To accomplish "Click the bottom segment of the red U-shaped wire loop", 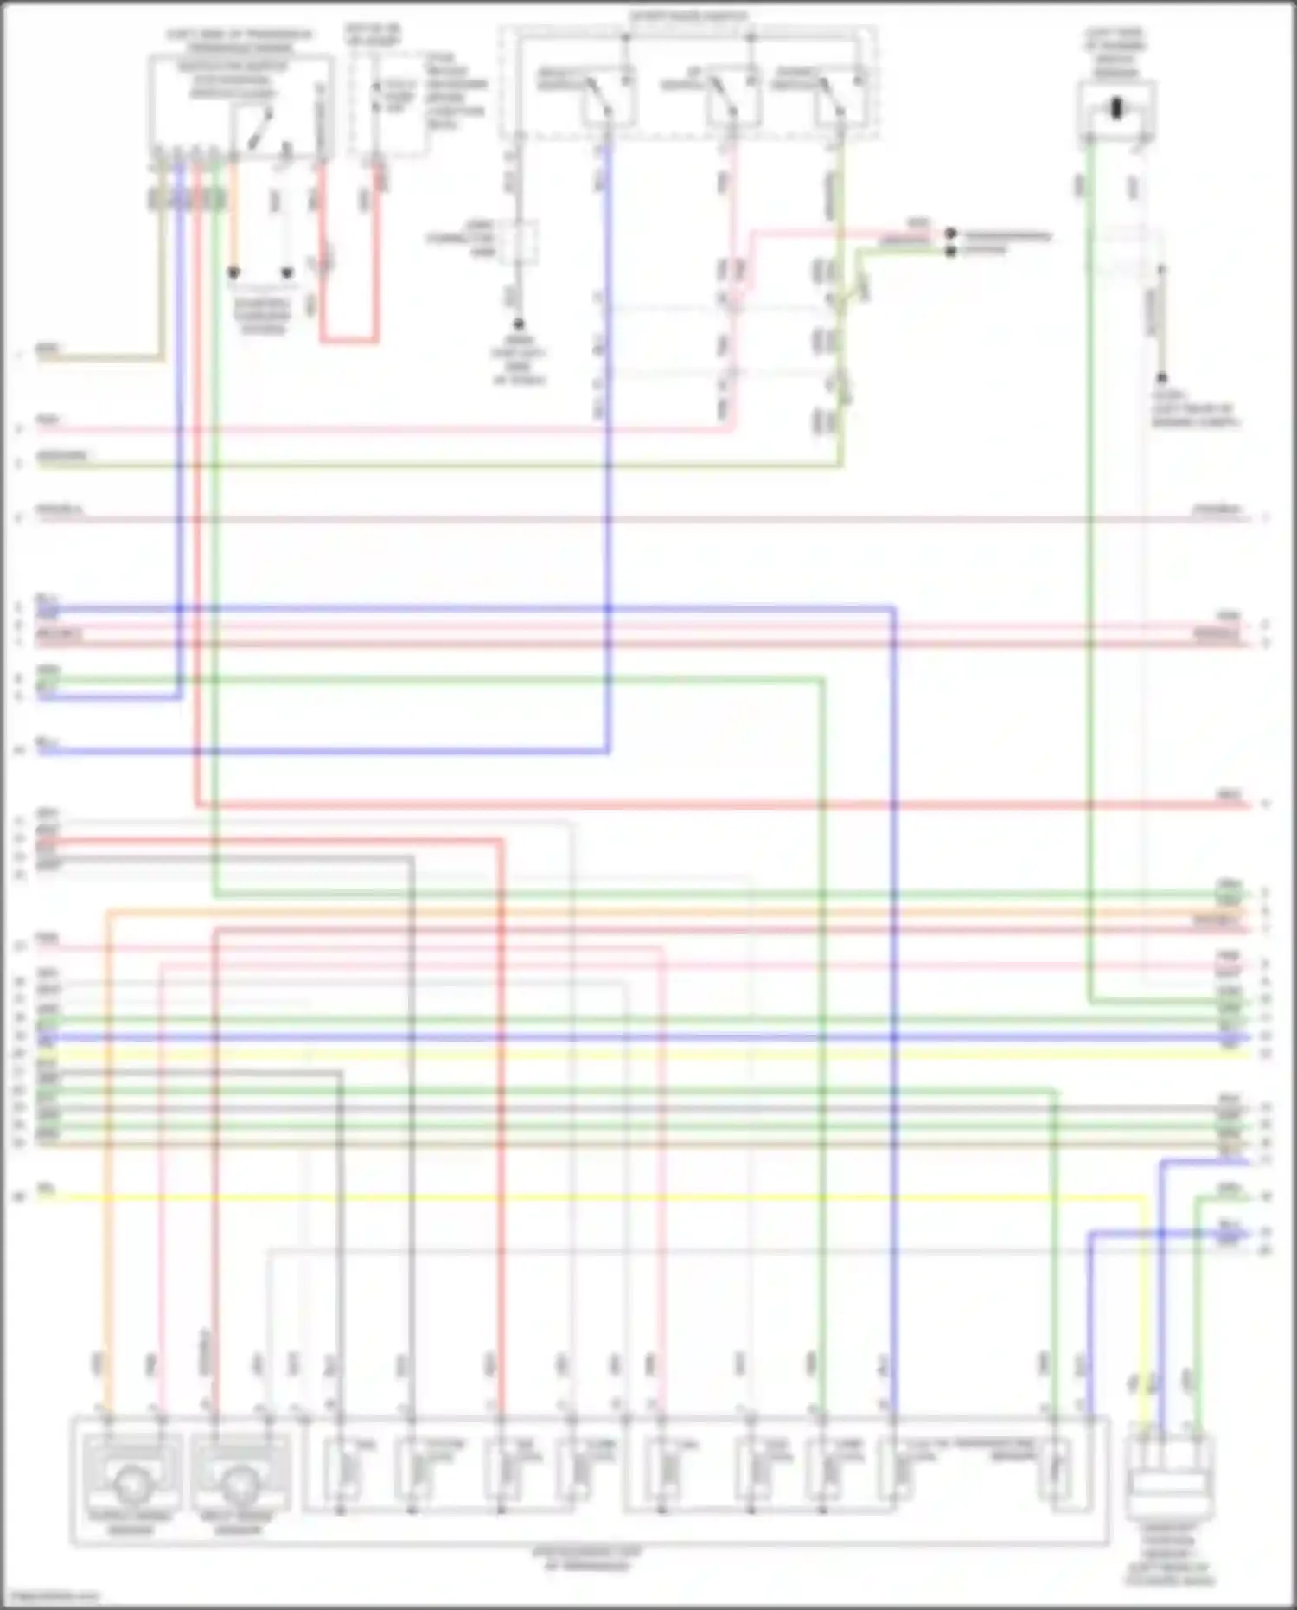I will point(349,340).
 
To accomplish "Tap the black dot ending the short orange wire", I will point(233,273).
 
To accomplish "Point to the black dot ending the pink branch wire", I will point(950,234).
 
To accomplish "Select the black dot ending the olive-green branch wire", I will point(950,251).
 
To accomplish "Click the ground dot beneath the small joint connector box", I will point(518,324).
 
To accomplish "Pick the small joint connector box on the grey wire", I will point(518,241).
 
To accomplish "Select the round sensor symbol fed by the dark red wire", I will point(238,1485).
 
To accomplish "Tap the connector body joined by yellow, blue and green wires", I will point(1169,1485).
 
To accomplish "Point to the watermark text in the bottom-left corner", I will point(50,1596).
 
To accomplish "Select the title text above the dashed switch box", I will point(688,16).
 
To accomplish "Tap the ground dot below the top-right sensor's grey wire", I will point(1161,378).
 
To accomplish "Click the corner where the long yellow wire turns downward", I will point(1146,1198).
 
